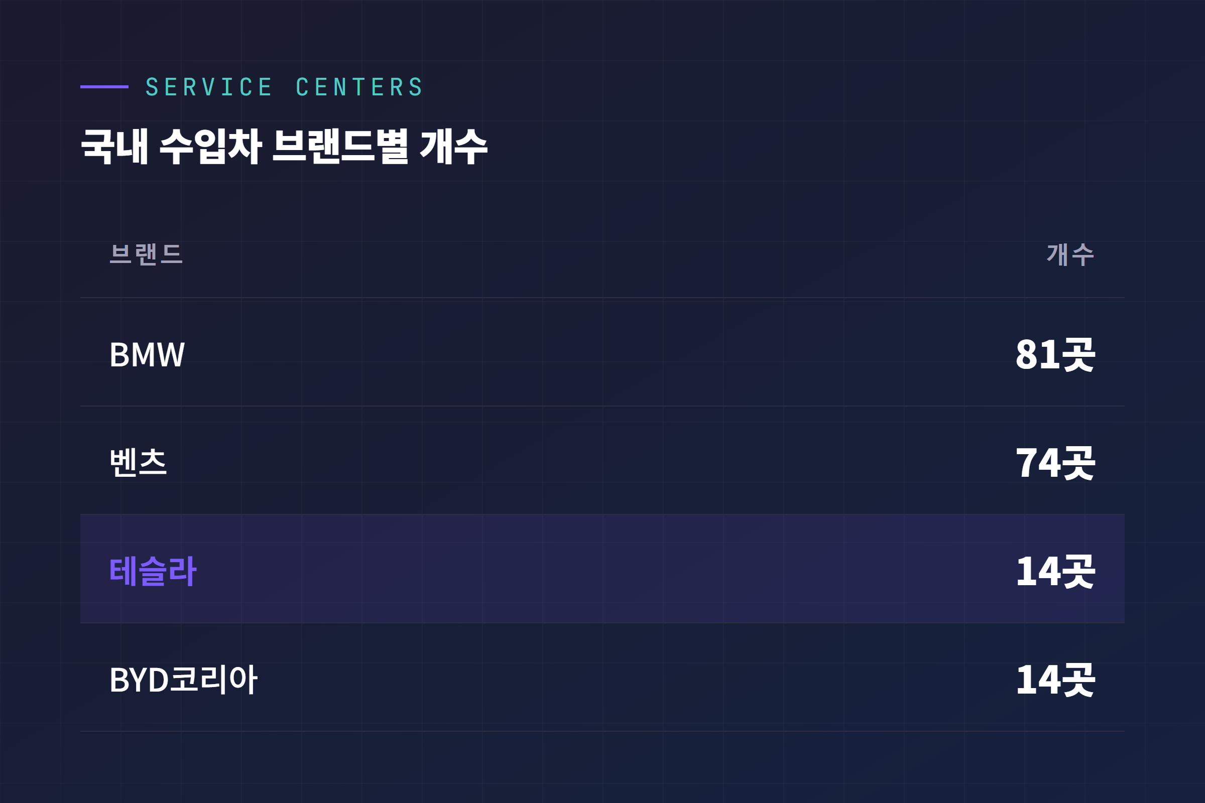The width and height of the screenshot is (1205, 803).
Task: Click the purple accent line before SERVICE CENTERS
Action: tap(104, 87)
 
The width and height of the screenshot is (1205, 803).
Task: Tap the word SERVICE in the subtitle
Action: tap(209, 87)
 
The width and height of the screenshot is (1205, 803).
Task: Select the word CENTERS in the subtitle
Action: tap(359, 87)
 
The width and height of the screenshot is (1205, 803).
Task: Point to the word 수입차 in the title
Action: tap(211, 147)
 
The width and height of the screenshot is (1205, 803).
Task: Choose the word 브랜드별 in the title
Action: tap(340, 147)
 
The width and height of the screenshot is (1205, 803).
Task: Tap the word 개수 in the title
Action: tap(453, 147)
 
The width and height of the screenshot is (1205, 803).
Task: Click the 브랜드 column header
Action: tap(146, 254)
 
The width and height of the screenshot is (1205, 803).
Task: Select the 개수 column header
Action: tap(1070, 254)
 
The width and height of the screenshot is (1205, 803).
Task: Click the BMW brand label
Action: tap(147, 354)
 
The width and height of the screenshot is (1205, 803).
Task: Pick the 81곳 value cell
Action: tap(1055, 354)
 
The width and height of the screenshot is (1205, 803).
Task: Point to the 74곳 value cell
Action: tap(1055, 462)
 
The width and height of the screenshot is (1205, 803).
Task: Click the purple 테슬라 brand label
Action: tap(153, 571)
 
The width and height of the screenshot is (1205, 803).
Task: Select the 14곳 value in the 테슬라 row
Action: tap(1055, 571)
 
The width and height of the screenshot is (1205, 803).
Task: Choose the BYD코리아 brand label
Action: tap(183, 680)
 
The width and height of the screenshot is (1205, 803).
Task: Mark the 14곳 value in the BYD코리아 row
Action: tap(1055, 680)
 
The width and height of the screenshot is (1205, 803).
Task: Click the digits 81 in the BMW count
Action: tap(1033, 354)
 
